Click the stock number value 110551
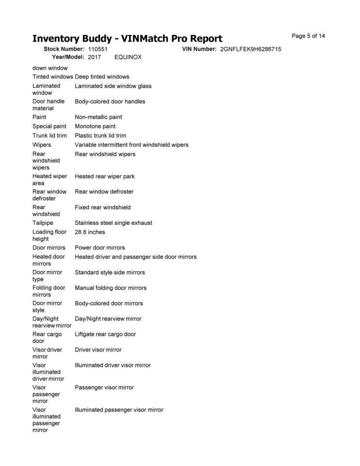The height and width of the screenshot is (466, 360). (98, 49)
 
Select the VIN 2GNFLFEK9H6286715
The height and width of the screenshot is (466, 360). (250, 49)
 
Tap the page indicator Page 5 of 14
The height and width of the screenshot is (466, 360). (308, 36)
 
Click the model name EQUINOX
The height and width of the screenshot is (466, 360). (128, 57)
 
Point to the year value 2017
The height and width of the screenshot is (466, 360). (95, 57)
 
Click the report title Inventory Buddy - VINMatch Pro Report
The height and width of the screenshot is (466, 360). (127, 39)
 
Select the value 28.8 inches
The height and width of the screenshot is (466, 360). (90, 232)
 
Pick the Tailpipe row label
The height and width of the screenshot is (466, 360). (43, 223)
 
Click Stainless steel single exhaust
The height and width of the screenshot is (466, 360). (114, 223)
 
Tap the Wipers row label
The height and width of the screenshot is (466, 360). (42, 145)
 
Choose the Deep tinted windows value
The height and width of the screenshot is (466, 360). (102, 77)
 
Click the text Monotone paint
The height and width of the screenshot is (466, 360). (95, 126)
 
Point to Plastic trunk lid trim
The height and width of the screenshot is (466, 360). (100, 135)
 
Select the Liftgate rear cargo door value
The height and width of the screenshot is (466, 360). (105, 334)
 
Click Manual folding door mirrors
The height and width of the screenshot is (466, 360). (111, 288)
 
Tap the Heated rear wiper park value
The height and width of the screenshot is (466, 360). (105, 176)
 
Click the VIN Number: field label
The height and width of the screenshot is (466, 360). (199, 49)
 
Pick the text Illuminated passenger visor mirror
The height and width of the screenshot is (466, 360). (119, 410)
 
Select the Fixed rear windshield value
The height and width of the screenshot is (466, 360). (102, 207)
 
